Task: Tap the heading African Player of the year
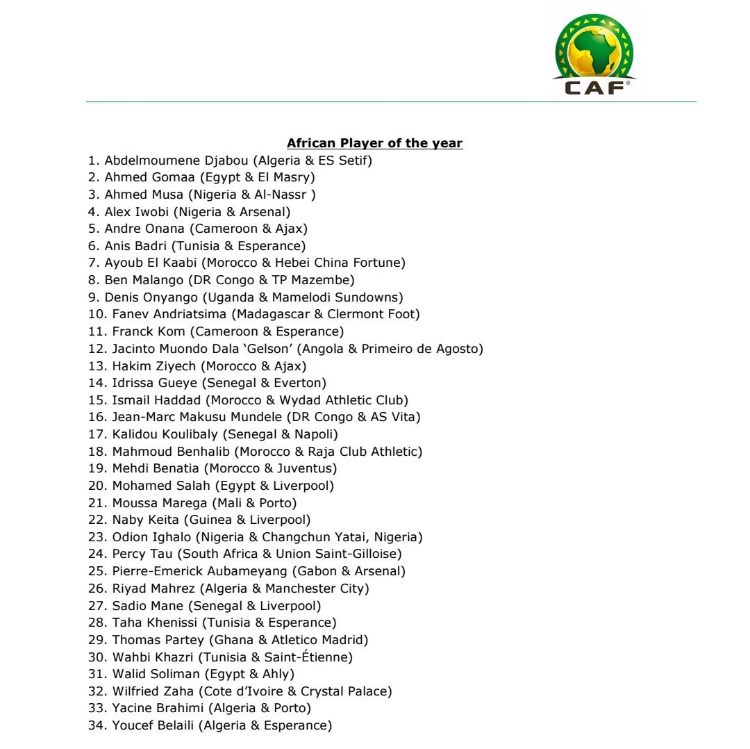pos(374,143)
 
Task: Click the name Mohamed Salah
pos(161,486)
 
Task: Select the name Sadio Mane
pos(148,606)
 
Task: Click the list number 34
pos(97,725)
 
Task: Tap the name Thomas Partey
pos(153,640)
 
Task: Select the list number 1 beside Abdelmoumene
pos(92,160)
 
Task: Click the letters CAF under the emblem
pos(594,88)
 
